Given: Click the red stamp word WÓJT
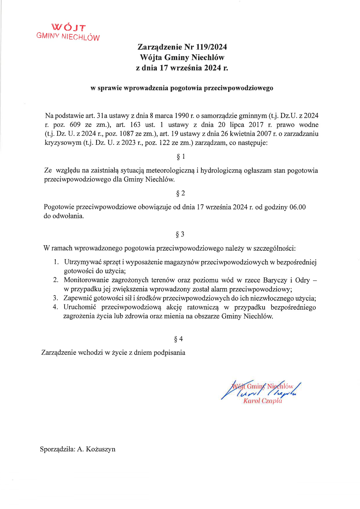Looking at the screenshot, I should tap(69, 28).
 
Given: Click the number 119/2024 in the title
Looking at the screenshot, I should tap(211, 47).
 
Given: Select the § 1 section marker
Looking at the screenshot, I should tap(181, 157).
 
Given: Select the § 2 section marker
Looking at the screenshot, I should tap(181, 194).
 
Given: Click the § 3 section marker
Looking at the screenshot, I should tap(180, 234).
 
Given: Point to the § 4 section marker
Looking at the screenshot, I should tap(178, 339).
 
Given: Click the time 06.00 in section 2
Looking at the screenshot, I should tap(298, 207).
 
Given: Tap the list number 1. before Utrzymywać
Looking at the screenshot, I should tap(56, 262).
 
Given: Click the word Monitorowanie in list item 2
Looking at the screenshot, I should tap(86, 280).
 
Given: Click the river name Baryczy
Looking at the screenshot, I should tap(275, 280).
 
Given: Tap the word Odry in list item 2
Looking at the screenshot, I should tap(302, 280).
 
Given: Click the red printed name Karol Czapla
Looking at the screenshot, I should tap(262, 401).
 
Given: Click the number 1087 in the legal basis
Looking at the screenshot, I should tap(126, 134).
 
